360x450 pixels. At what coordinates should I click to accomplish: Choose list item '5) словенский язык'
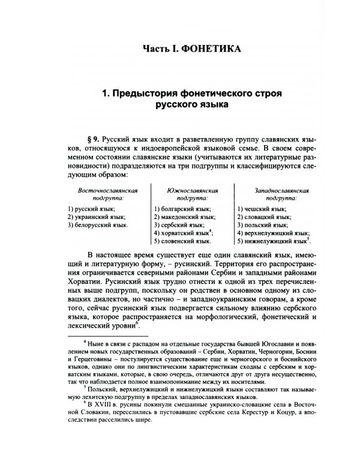point(182,241)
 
